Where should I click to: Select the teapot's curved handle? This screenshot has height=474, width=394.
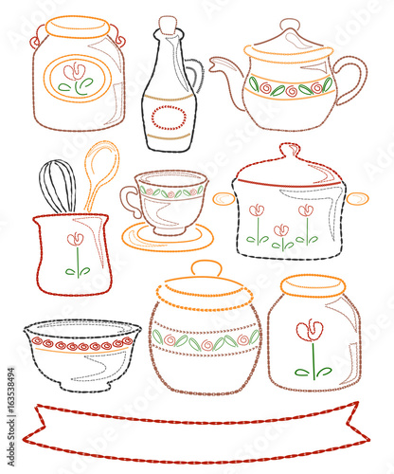click(352, 80)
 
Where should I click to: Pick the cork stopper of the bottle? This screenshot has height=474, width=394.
click(168, 25)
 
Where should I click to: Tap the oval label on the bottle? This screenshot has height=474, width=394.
click(169, 118)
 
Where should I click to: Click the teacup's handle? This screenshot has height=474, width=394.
click(130, 199)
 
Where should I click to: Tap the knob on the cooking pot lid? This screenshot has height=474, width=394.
click(289, 151)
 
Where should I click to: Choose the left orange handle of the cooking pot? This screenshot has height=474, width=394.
click(224, 198)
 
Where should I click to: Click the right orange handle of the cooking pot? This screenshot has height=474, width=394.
click(357, 198)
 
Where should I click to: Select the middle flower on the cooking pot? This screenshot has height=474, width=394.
click(281, 234)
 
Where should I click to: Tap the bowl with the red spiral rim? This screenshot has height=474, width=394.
click(81, 355)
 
